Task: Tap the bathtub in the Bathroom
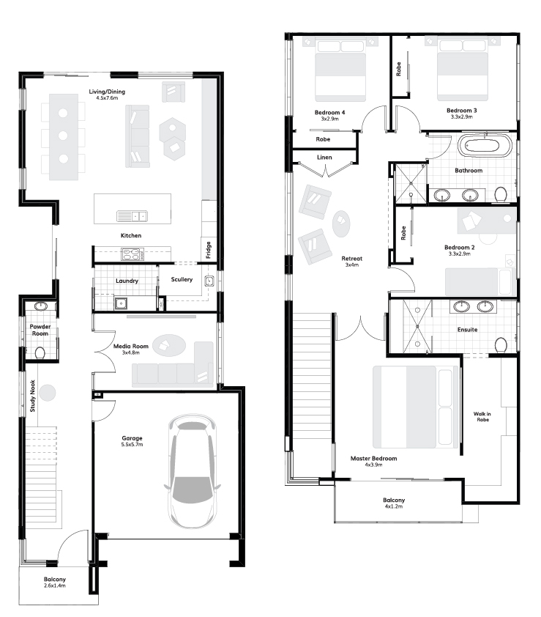(x=485, y=146)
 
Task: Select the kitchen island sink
(x=132, y=216)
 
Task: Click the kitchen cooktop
(x=132, y=254)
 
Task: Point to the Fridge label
(x=209, y=250)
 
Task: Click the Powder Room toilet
(x=40, y=353)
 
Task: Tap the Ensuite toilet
(x=501, y=345)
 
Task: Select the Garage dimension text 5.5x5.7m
(x=132, y=445)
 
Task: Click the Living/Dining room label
(x=107, y=92)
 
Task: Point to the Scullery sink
(x=209, y=281)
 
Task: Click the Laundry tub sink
(x=122, y=303)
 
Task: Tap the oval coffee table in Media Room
(x=168, y=345)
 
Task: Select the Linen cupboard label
(x=324, y=158)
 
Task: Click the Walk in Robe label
(x=482, y=417)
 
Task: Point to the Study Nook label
(x=33, y=396)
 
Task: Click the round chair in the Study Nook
(x=48, y=392)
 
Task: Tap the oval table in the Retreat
(x=341, y=223)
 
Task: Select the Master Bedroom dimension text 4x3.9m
(x=373, y=465)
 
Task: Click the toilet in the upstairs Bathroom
(x=501, y=195)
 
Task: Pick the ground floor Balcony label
(x=55, y=579)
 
